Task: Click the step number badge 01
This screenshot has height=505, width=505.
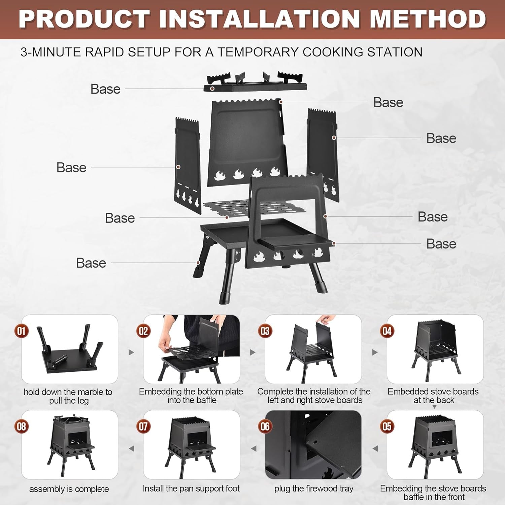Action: click(x=21, y=331)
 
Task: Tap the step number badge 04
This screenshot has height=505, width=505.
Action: click(x=387, y=331)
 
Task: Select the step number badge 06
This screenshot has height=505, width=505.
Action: click(x=265, y=427)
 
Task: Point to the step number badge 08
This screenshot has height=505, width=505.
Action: click(x=21, y=427)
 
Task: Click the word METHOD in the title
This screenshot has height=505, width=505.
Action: click(x=428, y=19)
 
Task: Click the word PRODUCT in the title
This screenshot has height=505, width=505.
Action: click(x=84, y=19)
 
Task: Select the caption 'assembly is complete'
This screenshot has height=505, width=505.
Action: click(x=69, y=489)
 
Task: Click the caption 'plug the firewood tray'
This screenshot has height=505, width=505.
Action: click(x=314, y=489)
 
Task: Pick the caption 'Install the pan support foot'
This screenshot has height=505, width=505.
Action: click(x=191, y=489)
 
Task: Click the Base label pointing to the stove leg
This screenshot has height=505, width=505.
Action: click(x=91, y=263)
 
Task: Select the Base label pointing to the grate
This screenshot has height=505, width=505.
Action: click(x=120, y=218)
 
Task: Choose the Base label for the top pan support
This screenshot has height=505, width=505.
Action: click(x=105, y=89)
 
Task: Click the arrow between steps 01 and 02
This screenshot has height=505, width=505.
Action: click(x=131, y=352)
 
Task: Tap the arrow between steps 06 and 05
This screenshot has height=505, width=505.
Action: click(x=375, y=448)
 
